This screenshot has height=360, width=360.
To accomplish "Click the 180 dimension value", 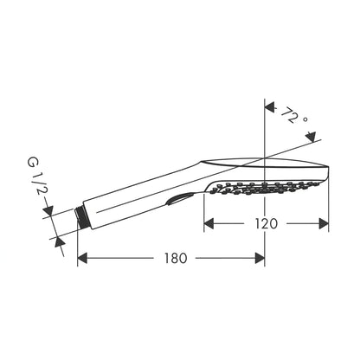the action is [x=176, y=258].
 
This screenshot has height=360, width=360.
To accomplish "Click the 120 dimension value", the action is [x=267, y=223].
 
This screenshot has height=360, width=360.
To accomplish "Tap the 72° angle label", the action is [x=292, y=116].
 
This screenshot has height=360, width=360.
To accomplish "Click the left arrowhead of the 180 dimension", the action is [x=82, y=258].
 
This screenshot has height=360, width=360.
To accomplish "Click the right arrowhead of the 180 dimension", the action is [x=260, y=258].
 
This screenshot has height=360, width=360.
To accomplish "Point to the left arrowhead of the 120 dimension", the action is [x=209, y=223].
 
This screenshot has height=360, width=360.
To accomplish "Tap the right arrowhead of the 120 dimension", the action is [x=324, y=223].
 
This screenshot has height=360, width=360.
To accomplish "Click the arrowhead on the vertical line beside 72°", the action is [x=270, y=108].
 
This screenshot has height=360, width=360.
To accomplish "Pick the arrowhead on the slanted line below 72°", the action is [x=311, y=137].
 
